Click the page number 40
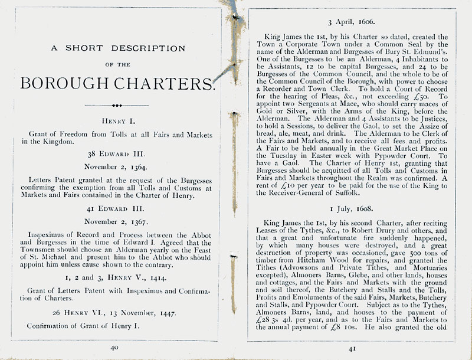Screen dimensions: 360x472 pos(115,348)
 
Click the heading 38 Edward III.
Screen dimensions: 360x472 pos(116,152)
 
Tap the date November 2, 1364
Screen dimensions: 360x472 pos(116,167)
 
